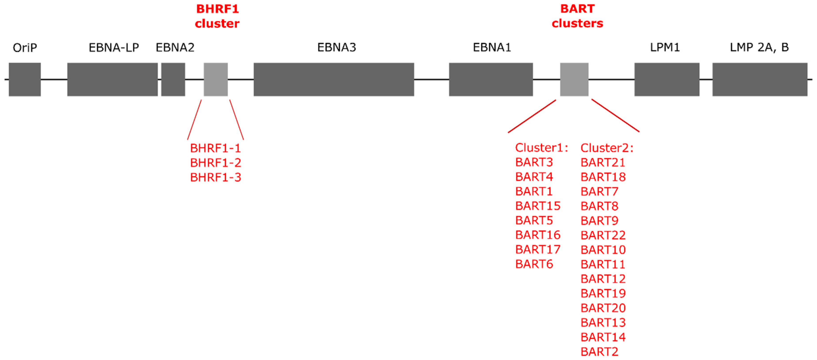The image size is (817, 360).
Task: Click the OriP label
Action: (25, 48)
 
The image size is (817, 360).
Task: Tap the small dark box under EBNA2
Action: (173, 79)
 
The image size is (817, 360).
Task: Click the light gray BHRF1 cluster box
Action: (216, 79)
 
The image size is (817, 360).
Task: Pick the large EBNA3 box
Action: (334, 79)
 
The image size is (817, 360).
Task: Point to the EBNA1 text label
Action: (492, 48)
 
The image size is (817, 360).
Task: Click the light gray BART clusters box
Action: (574, 79)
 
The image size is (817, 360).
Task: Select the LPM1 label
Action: (665, 48)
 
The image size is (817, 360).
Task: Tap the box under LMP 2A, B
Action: (760, 79)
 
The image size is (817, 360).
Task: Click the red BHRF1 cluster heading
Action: (217, 16)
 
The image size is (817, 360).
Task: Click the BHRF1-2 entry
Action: (216, 163)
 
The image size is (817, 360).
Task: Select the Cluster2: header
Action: (607, 148)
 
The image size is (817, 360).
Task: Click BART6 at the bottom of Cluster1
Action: (534, 264)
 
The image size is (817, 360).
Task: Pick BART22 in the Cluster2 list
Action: (603, 235)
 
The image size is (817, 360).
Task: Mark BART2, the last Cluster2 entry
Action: (599, 351)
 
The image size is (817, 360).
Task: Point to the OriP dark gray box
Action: (25, 79)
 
